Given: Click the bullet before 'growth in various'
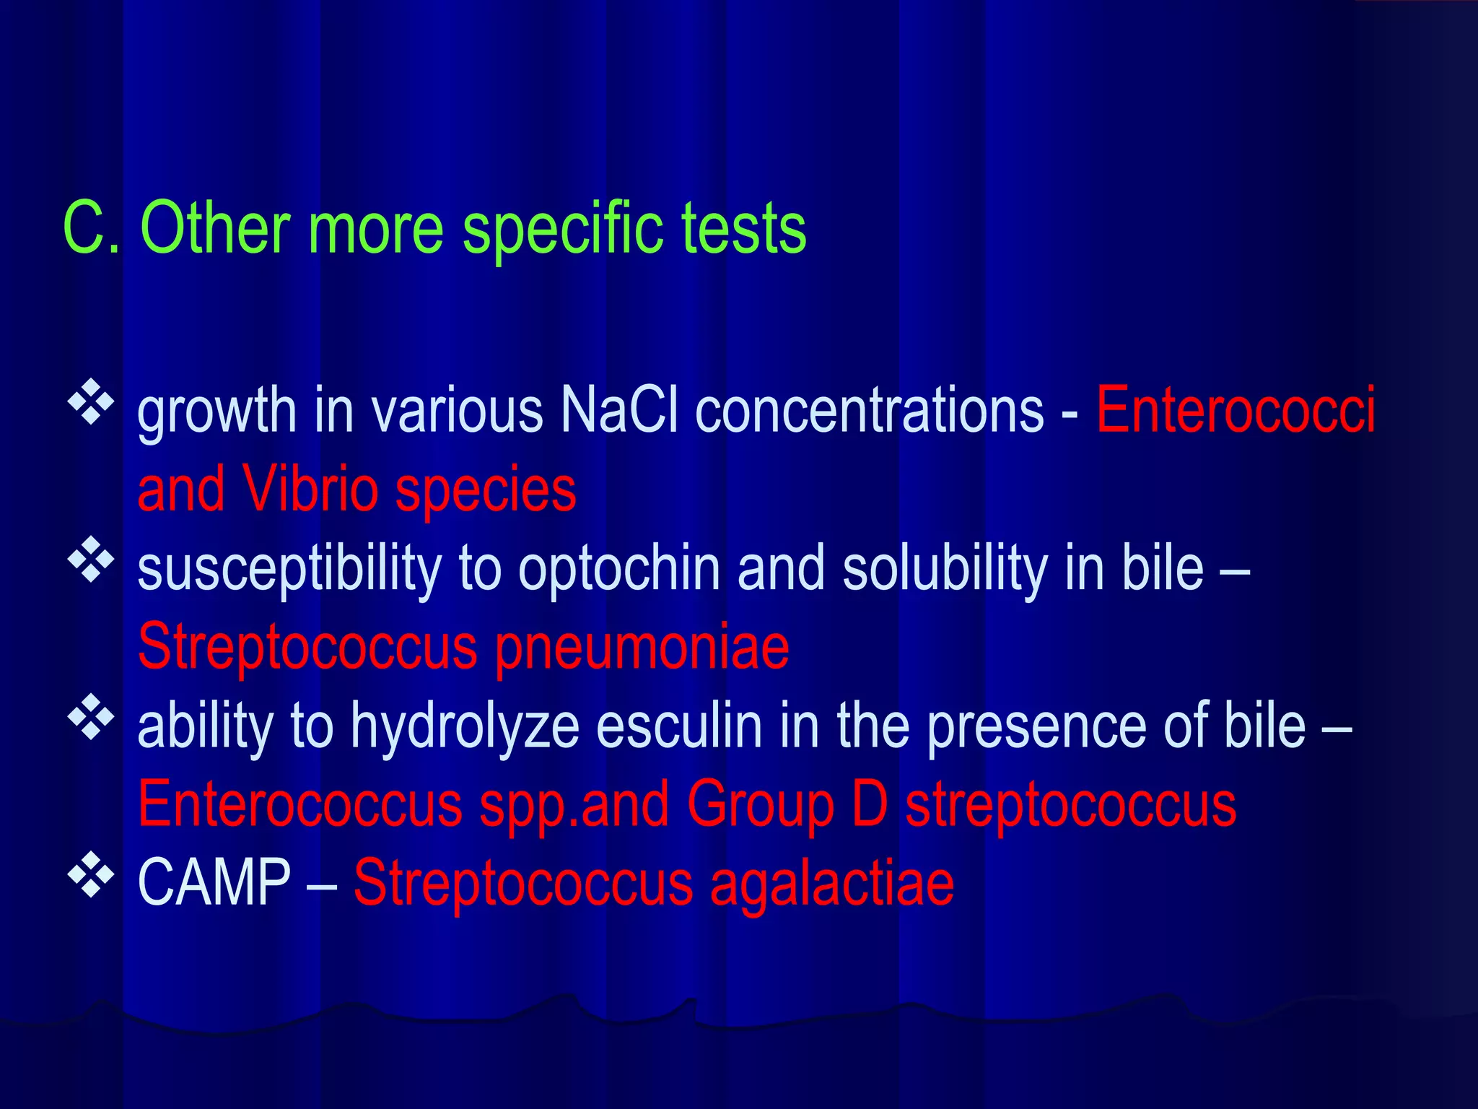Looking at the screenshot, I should point(91,401).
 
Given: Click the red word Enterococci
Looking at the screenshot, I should point(1236,410).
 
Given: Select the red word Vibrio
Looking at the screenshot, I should point(310,490).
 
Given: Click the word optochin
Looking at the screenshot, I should point(619,568).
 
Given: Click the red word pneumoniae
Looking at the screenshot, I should point(642,648).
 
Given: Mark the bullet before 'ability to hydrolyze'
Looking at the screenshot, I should point(91,717).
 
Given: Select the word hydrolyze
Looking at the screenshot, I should point(465,727).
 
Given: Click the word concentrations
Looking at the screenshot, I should point(870,410).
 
